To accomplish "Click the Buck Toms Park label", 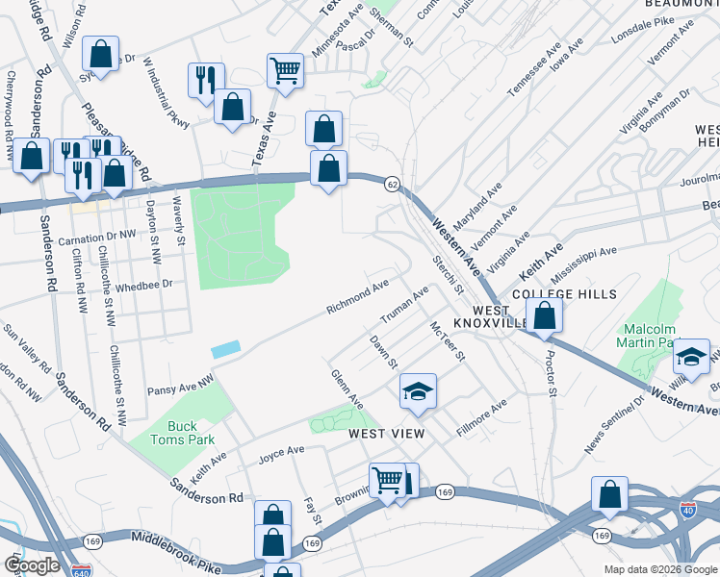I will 182,433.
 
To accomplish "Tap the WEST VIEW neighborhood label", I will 386,434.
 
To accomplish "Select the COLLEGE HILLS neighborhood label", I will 564,293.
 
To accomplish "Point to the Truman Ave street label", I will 404,306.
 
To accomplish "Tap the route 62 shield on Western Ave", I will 391,183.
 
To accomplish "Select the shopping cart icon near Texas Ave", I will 285,70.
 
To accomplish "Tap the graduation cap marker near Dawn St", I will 419,390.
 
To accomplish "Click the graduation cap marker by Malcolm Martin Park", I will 691,358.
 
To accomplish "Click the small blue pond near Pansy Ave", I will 224,350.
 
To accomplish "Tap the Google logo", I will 32,565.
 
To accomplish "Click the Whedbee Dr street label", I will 143,285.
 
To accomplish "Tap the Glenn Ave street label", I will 347,388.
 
